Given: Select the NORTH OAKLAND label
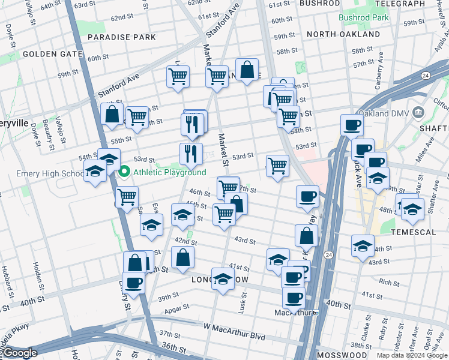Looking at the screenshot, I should pos(343,34).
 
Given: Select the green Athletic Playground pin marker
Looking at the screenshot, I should pos(125,172).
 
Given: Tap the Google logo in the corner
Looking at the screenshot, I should pos(20,353).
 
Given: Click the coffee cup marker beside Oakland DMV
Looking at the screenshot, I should pos(352,125).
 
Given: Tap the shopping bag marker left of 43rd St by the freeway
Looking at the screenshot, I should pos(306,236).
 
